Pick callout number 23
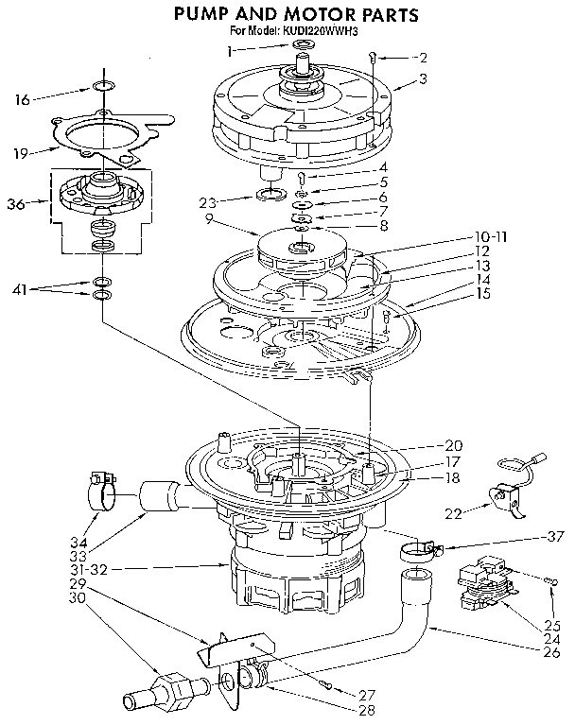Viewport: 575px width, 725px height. pos(211,201)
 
